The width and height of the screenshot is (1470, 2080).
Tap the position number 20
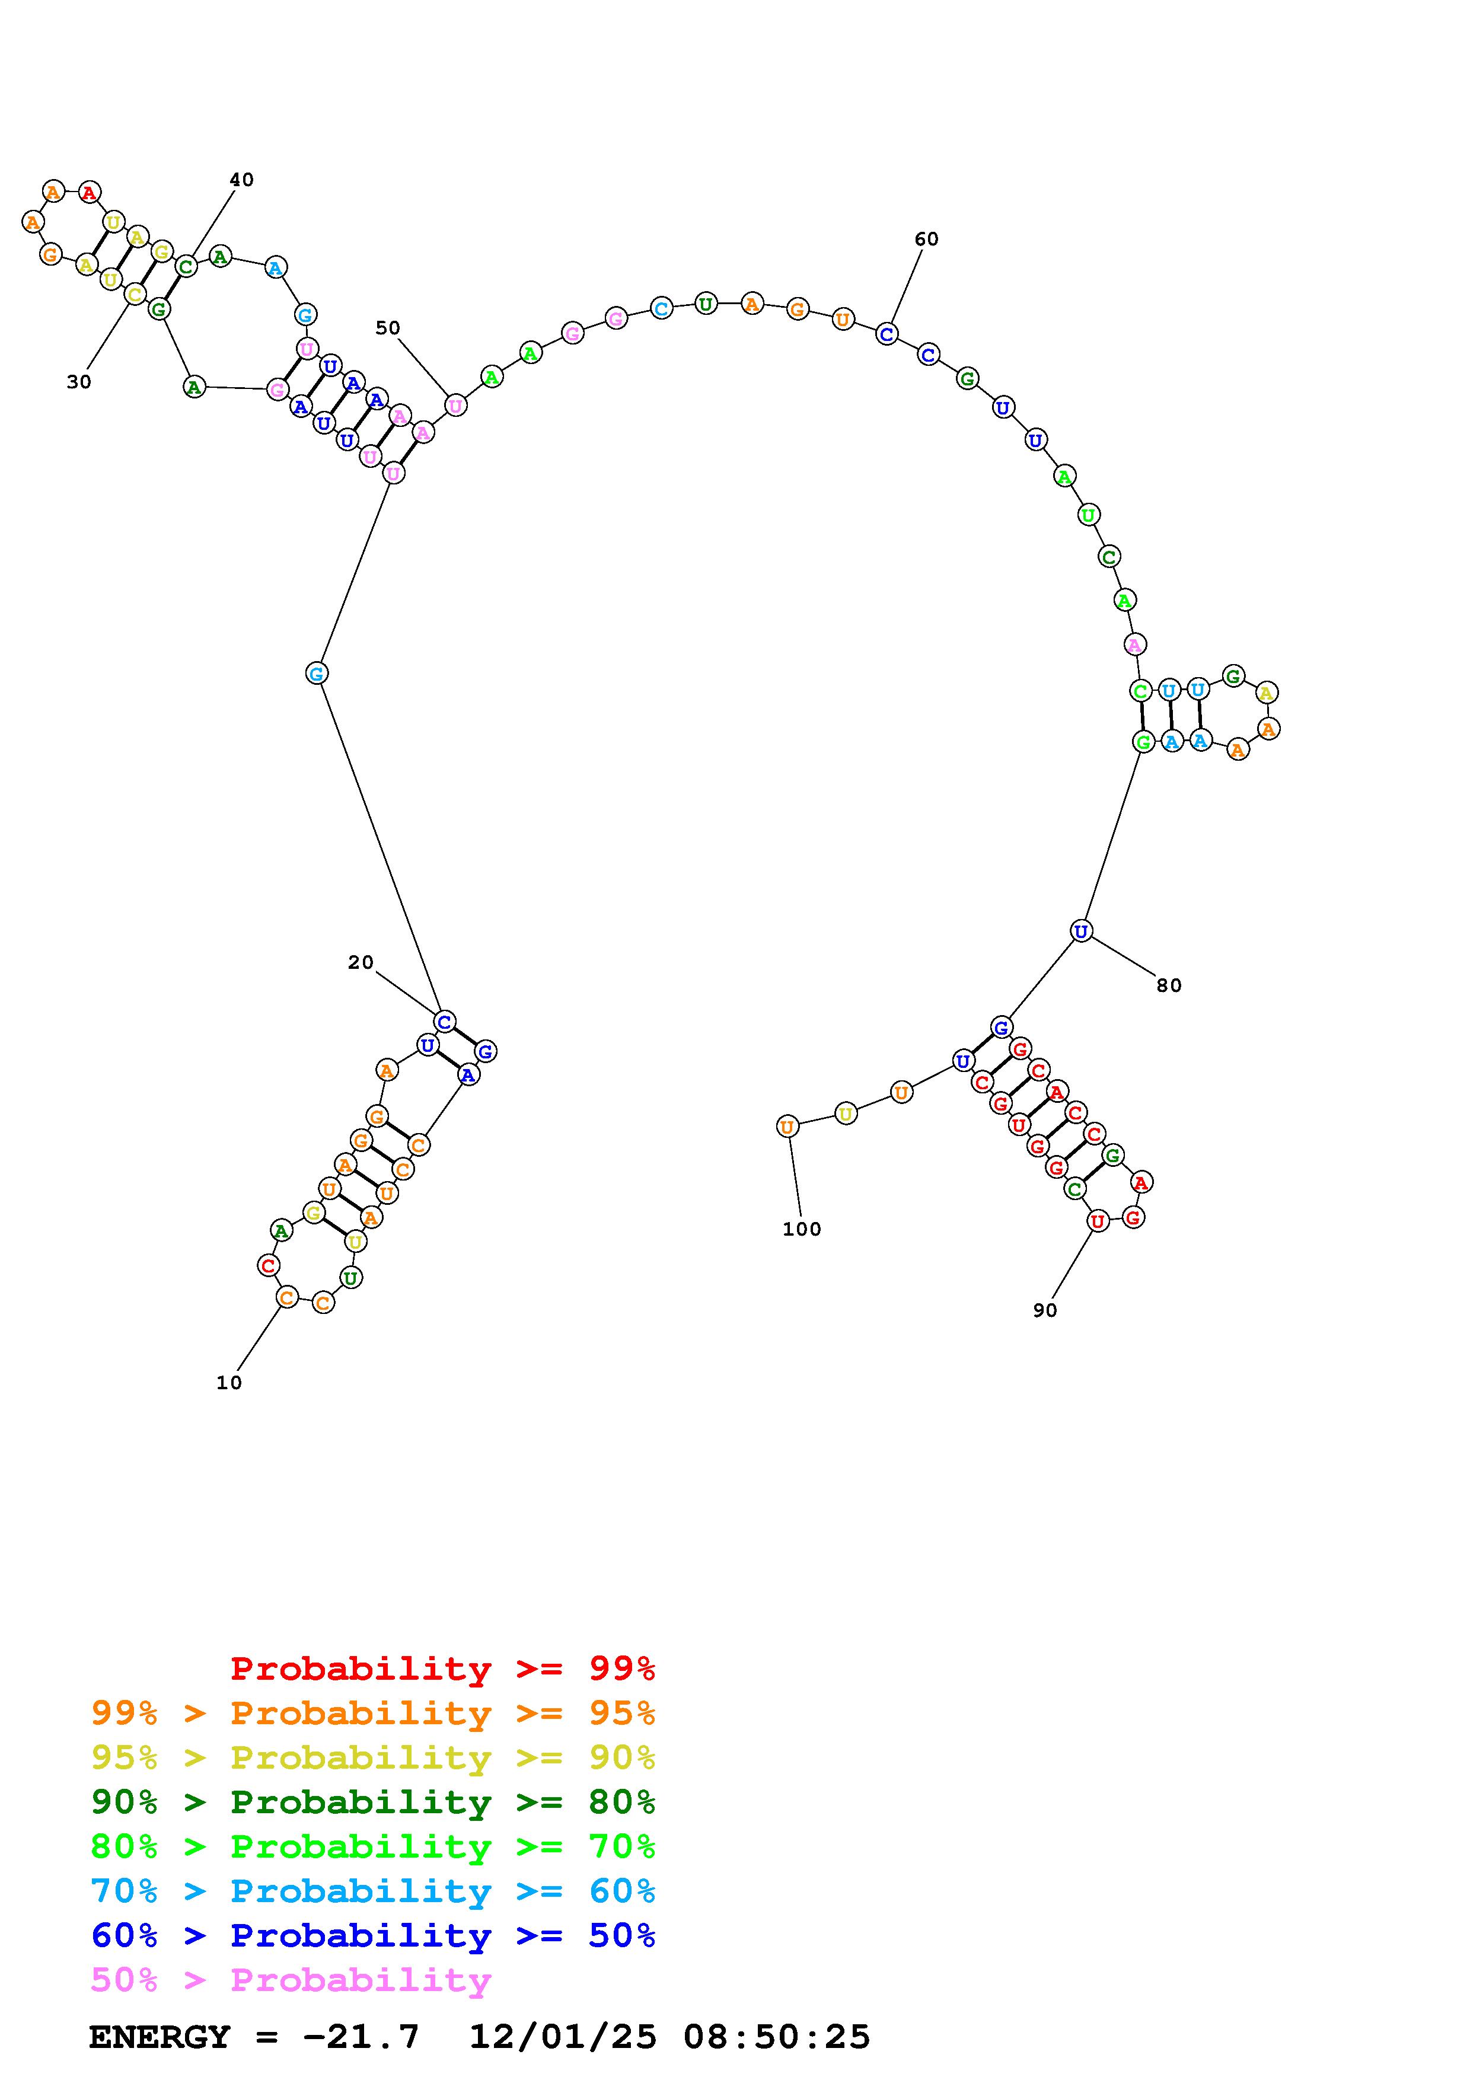(361, 962)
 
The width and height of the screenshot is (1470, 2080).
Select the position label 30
(79, 382)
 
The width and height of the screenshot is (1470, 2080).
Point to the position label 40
(241, 180)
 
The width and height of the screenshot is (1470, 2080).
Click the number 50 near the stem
(388, 328)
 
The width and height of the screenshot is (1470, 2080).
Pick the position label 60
(926, 239)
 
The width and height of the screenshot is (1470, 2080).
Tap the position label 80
(1168, 985)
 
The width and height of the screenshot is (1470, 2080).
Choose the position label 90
(1044, 1310)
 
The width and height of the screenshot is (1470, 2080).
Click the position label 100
(802, 1229)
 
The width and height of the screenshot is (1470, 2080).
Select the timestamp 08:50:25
(776, 2037)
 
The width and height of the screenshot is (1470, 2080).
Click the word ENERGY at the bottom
(160, 2037)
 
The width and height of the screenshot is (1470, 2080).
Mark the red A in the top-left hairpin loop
(89, 192)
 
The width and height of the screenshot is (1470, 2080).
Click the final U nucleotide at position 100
(787, 1127)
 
